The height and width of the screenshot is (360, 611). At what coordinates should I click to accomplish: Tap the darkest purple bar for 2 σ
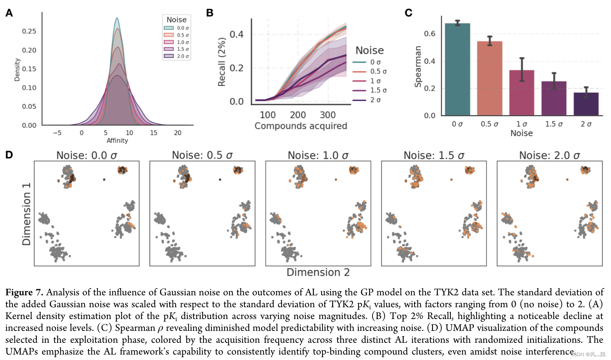coord(586,104)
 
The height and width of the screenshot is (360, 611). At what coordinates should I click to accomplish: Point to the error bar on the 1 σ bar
coord(522,69)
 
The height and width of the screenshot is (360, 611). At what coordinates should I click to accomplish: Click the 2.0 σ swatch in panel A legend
coord(169,56)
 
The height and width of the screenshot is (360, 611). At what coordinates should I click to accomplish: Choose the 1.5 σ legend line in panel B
coord(359,90)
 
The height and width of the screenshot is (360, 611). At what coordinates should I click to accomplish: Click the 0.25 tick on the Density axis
coord(29,31)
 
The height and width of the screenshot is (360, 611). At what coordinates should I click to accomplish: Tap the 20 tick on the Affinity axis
coord(178,133)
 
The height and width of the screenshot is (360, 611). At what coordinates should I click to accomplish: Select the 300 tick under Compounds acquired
coord(328,115)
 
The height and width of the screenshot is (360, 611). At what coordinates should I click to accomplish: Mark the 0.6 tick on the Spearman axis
coord(430,34)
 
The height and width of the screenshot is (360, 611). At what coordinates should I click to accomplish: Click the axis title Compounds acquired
coord(301,126)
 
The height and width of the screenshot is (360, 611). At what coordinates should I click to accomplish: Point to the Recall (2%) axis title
coord(222,62)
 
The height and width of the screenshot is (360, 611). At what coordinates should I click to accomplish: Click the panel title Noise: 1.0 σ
coord(318,155)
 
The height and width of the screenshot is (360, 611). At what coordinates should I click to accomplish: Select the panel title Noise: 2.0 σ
coord(550,155)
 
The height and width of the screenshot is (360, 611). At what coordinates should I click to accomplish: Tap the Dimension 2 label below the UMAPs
coord(318,272)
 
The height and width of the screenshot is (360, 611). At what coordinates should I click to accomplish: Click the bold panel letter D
coord(9,155)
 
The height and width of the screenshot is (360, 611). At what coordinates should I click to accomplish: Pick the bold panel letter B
coord(210,13)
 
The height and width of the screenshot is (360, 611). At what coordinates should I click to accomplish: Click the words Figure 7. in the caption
coord(24,292)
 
